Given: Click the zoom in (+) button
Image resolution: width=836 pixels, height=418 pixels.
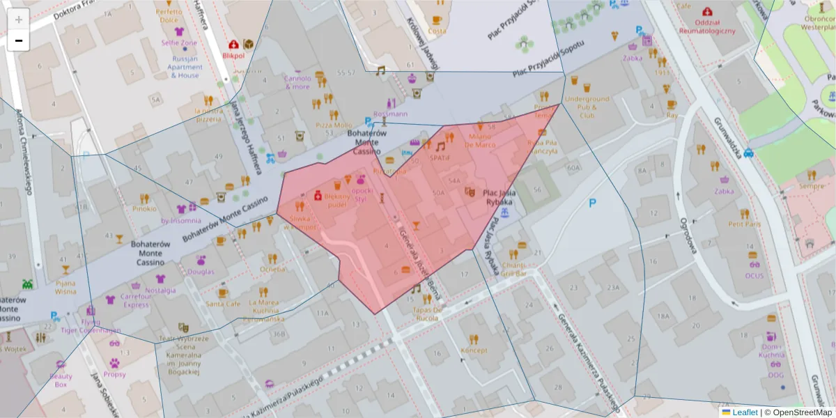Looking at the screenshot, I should click(18, 19).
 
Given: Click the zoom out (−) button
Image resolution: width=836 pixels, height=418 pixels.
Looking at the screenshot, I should click(18, 41).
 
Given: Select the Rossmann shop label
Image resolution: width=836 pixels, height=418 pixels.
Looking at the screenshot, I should click(390, 114).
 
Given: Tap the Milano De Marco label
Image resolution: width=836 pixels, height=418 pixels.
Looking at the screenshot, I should click(480, 141).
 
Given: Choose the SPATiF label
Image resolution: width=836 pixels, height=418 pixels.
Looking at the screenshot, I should click(440, 158).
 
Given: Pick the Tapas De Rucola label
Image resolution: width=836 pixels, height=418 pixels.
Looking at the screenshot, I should click(427, 314).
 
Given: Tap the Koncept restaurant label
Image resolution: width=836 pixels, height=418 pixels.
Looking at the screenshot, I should click(474, 350).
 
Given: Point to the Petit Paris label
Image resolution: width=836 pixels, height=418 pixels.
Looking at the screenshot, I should click(744, 224).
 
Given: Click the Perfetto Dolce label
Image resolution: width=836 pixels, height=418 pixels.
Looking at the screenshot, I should click(169, 16).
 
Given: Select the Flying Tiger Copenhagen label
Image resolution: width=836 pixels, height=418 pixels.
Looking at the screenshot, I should click(90, 327).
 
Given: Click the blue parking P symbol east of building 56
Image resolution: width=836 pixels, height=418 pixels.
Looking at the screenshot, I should click(592, 203).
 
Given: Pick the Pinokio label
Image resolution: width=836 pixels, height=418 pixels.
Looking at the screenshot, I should click(144, 208).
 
